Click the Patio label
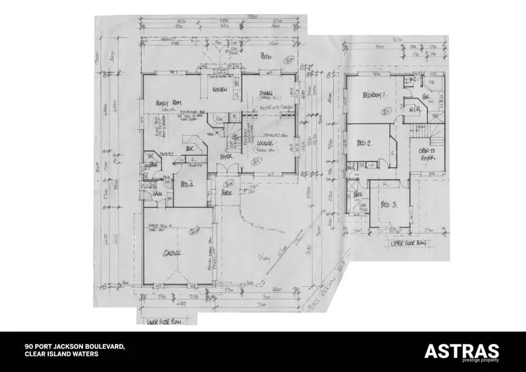click(x=267, y=55)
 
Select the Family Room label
click(x=167, y=102)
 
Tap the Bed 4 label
click(x=187, y=184)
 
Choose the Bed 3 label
click(x=388, y=205)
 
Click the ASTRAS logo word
click(x=462, y=351)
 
